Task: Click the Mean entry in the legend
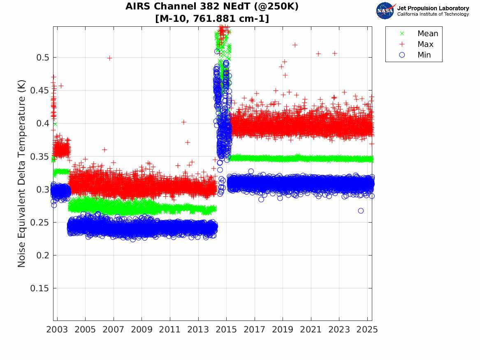(427, 34)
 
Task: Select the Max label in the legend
(425, 44)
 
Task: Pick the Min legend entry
(424, 55)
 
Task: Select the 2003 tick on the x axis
(57, 330)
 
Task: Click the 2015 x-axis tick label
(226, 330)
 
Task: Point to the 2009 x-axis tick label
(142, 330)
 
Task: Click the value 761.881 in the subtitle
(213, 19)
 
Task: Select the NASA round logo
(385, 11)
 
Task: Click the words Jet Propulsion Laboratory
(433, 8)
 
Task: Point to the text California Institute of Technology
(433, 14)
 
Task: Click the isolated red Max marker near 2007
(109, 58)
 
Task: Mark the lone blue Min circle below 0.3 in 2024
(361, 211)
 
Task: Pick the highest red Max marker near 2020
(294, 45)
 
